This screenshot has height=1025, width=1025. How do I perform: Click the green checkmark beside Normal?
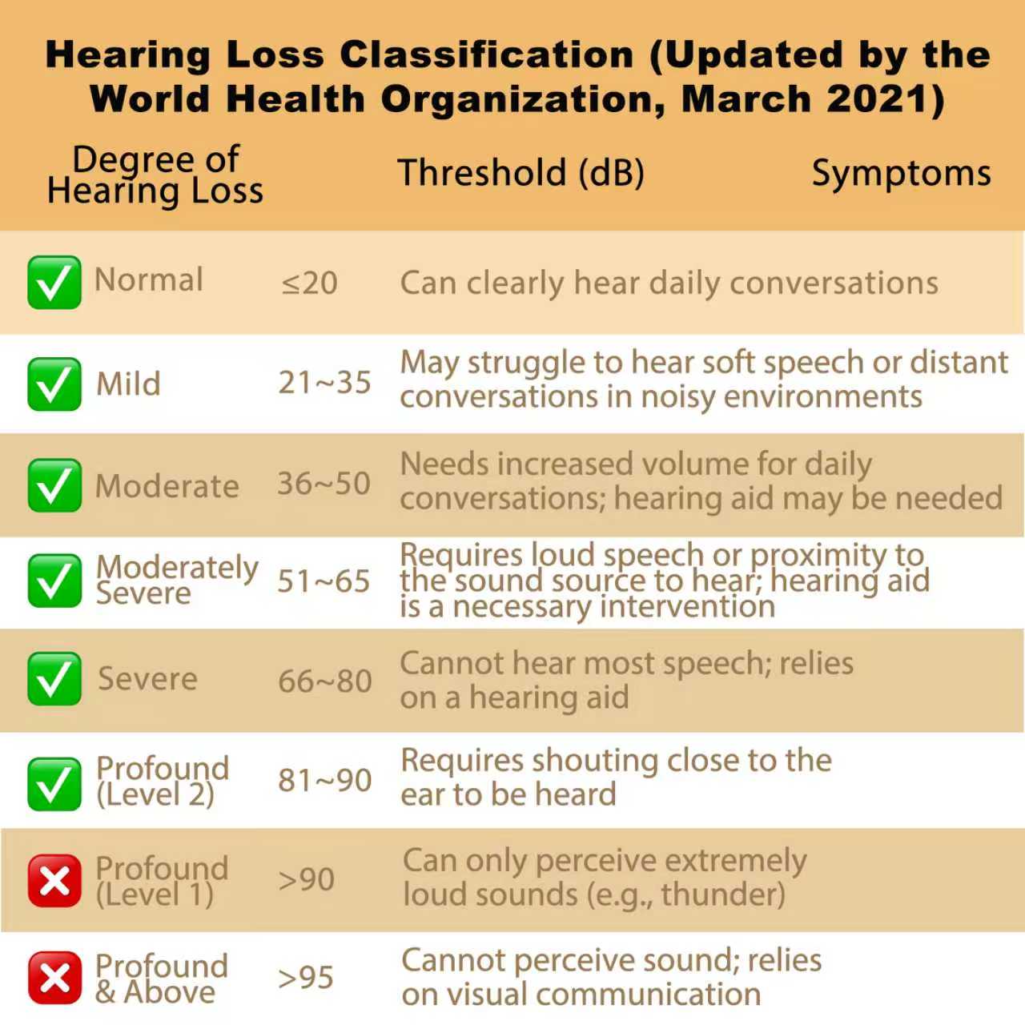(54, 283)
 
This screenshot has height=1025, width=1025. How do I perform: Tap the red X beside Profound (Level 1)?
(54, 880)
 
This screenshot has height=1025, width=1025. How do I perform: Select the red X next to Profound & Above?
(54, 978)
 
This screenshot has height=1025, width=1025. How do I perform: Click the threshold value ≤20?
(310, 283)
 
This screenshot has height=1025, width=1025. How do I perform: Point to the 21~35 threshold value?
(324, 383)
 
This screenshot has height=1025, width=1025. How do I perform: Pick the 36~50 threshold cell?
(324, 484)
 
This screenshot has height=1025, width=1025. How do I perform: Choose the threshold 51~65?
(324, 581)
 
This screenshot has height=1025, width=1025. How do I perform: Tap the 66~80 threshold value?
(325, 681)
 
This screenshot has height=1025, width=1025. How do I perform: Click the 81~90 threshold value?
(325, 781)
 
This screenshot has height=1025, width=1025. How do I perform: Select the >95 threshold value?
(306, 978)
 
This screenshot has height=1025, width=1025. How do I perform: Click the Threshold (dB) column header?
(521, 174)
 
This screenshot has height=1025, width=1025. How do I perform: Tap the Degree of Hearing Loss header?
(155, 175)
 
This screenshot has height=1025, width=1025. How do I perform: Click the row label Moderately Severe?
(177, 581)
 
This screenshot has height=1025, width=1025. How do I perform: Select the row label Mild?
(128, 384)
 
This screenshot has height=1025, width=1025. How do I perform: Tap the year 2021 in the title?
(878, 99)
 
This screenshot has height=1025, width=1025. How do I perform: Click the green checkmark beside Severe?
(54, 679)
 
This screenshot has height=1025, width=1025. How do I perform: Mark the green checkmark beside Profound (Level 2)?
(54, 784)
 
